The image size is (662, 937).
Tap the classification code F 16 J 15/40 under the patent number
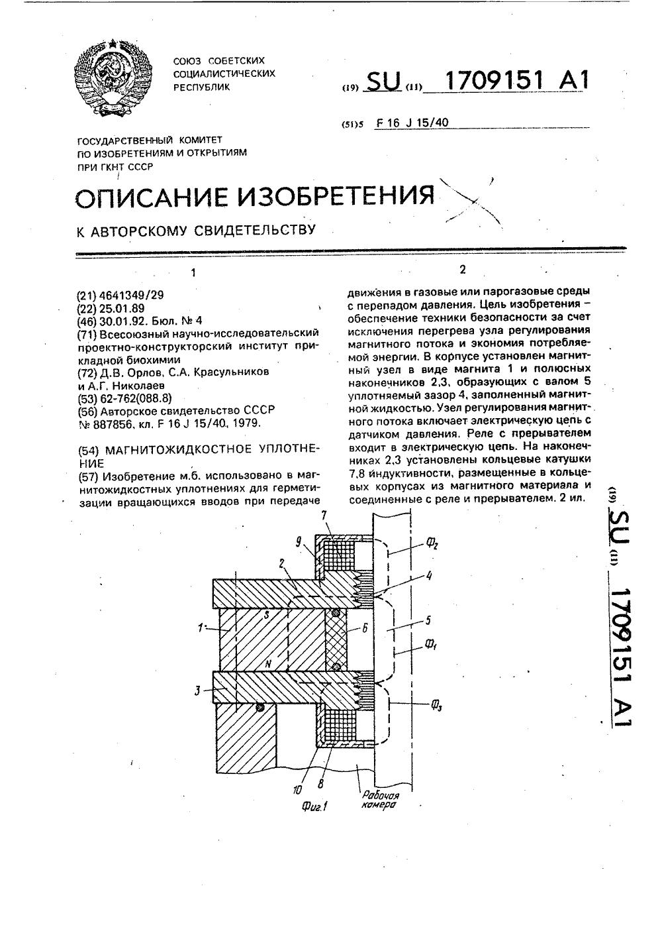coord(412,123)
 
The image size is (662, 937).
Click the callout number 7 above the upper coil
coord(324,515)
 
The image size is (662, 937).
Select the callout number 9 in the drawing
coord(299,542)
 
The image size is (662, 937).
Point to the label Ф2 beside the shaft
coord(432,545)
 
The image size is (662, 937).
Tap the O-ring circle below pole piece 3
coord(260,708)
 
